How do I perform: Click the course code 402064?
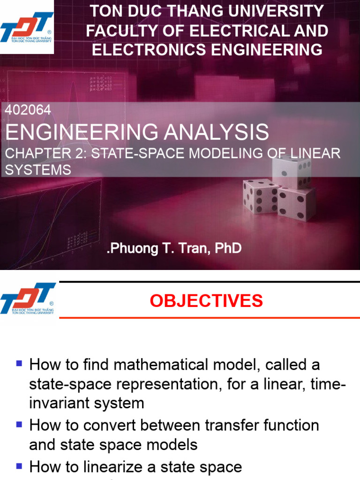pos(27,110)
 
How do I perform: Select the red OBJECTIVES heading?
pos(206,301)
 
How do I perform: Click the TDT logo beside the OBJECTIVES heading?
pos(27,299)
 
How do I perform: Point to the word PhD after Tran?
pos(228,248)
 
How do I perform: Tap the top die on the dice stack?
pos(292,171)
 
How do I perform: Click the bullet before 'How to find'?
pos(19,363)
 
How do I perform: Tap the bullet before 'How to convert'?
pos(19,425)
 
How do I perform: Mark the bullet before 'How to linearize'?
pos(19,466)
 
